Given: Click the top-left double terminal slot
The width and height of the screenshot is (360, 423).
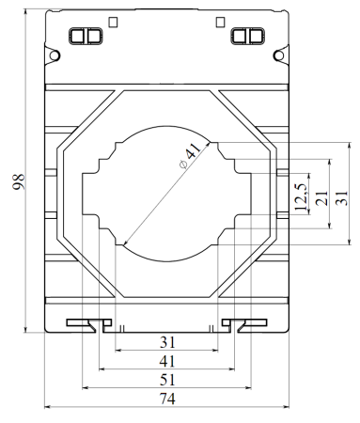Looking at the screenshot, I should pyautogui.click(x=85, y=37).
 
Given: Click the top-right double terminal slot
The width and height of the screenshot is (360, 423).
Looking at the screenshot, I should pyautogui.click(x=246, y=37).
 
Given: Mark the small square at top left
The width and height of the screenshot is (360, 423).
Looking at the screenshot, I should pyautogui.click(x=115, y=21).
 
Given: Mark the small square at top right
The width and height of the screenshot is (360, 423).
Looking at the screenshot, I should pyautogui.click(x=220, y=21).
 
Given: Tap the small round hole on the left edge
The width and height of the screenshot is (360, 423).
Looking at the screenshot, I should pyautogui.click(x=55, y=57).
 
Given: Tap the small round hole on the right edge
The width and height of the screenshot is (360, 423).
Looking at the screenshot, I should pyautogui.click(x=279, y=57).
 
